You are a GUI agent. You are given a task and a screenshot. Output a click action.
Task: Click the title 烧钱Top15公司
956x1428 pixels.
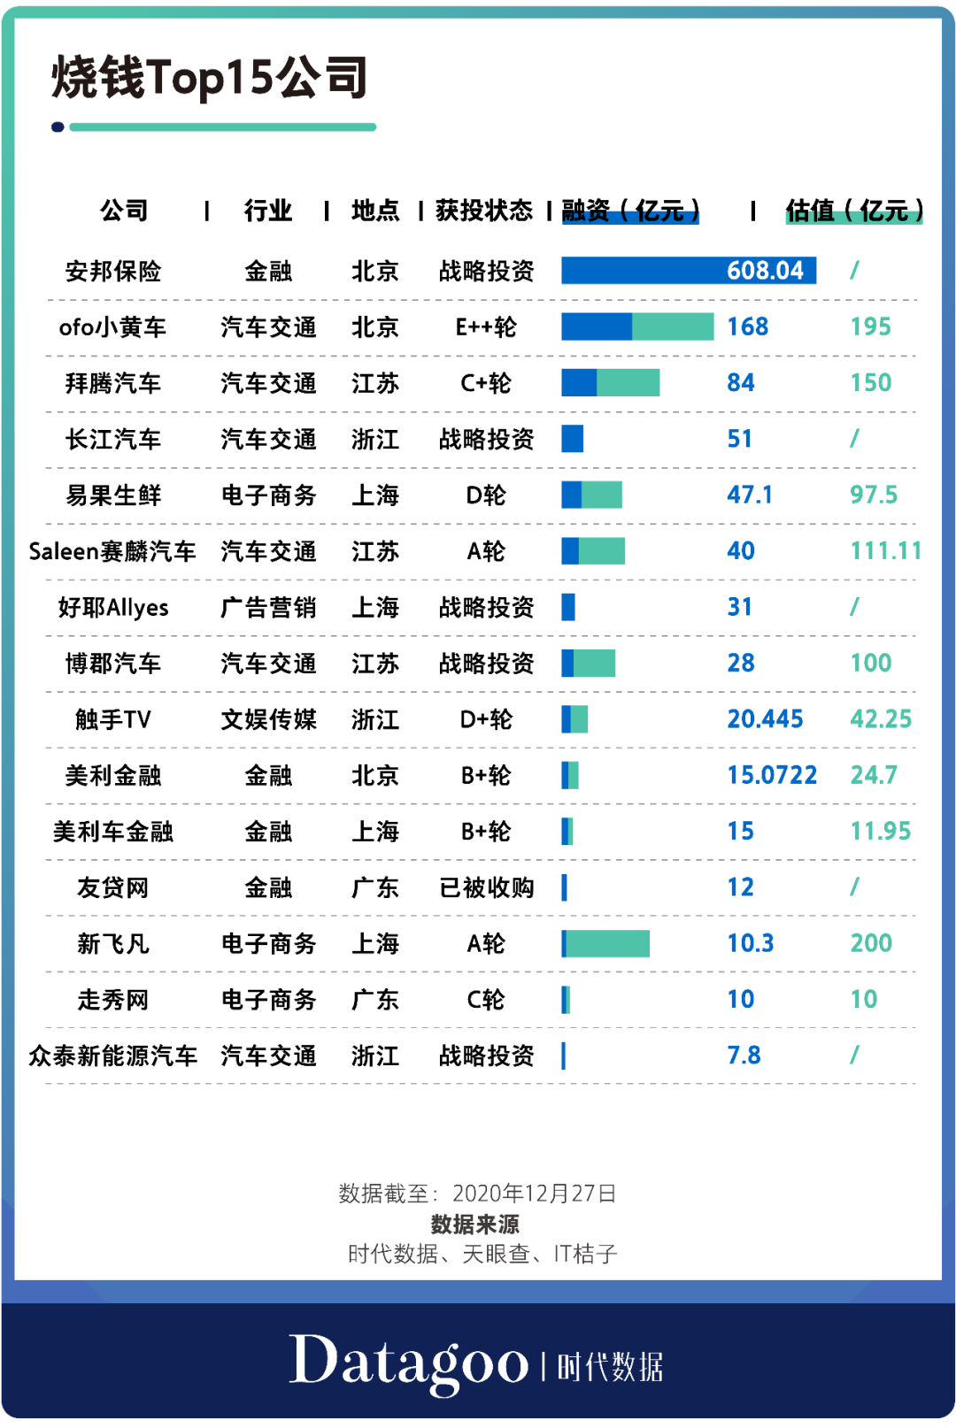(210, 77)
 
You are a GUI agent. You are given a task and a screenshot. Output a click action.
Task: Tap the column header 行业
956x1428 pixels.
(267, 211)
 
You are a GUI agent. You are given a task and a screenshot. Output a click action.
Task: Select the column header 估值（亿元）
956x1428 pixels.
(854, 211)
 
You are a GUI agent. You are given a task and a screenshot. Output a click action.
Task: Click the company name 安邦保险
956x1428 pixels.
(113, 271)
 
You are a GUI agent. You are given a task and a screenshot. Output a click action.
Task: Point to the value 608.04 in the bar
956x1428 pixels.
(765, 271)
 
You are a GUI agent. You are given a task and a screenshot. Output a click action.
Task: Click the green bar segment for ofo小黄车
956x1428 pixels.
(673, 326)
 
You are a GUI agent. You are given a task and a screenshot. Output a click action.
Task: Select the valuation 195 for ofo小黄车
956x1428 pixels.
(870, 326)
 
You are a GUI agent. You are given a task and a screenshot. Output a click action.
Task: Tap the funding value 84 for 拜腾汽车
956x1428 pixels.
(741, 383)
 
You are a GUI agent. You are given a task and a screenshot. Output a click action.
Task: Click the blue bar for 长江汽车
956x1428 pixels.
(573, 439)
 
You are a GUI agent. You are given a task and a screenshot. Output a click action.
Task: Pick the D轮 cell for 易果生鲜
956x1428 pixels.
(486, 495)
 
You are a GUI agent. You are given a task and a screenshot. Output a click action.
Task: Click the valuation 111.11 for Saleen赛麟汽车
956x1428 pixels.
(885, 551)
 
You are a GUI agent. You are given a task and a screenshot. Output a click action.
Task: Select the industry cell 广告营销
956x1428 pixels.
(268, 608)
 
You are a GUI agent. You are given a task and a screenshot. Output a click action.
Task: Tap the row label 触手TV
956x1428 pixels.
(113, 719)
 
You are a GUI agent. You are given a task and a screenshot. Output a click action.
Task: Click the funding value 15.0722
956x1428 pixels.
(772, 776)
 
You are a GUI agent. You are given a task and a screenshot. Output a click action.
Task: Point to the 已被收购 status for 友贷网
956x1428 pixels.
(486, 887)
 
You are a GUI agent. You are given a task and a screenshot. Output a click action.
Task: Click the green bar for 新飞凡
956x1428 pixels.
(607, 944)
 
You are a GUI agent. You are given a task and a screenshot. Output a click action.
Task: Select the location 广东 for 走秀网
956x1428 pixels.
(375, 1000)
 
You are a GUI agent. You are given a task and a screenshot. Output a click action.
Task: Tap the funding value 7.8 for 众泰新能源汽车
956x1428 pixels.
(744, 1056)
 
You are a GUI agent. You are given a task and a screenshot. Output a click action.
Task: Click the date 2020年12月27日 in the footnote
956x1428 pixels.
(534, 1194)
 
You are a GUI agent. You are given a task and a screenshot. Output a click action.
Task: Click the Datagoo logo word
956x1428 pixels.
(408, 1363)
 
